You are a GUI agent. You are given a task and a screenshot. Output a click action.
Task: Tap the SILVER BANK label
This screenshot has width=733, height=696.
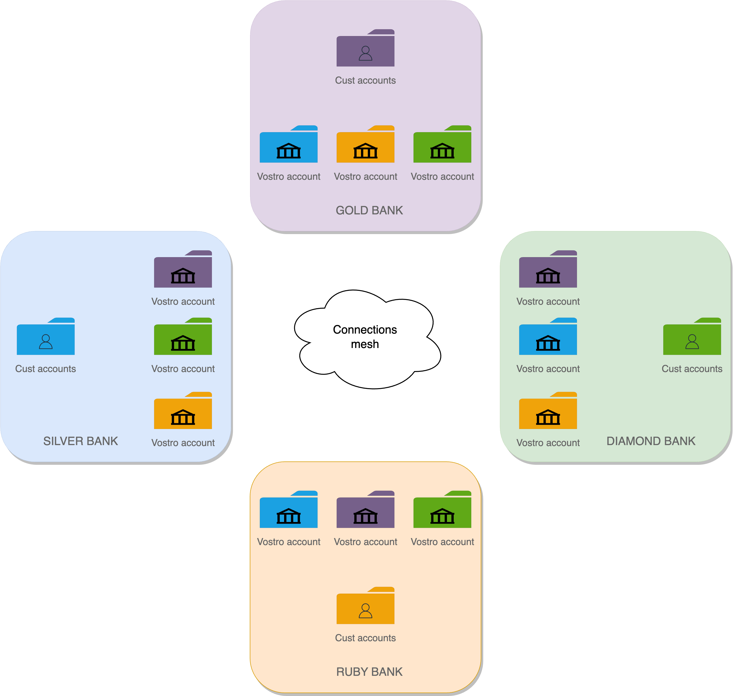(80, 441)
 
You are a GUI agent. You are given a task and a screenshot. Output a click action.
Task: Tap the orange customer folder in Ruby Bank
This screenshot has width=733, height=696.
(365, 607)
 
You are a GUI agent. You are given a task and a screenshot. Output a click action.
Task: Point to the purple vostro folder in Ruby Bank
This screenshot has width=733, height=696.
(365, 511)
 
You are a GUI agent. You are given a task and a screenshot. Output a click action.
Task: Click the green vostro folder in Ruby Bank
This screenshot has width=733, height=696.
(442, 511)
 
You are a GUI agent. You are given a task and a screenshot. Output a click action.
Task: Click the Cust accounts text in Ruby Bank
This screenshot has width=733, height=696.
(365, 638)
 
